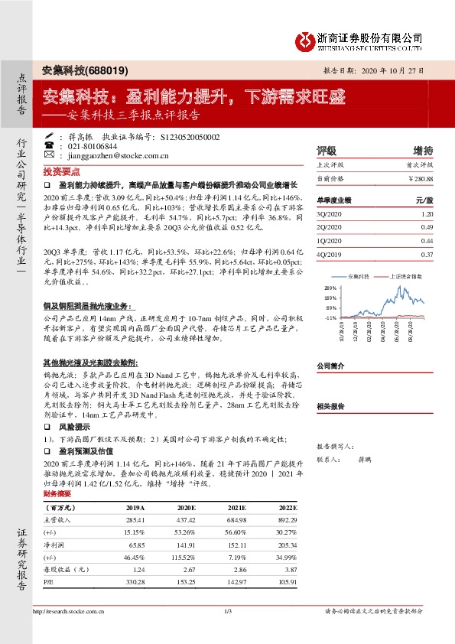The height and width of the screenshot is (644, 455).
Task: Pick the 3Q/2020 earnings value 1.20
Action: click(x=427, y=215)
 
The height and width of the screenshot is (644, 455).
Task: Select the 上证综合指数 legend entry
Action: click(x=405, y=274)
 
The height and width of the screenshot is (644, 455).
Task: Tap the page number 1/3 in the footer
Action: click(x=227, y=610)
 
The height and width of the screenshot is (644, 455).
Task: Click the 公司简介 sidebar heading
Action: click(x=331, y=366)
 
